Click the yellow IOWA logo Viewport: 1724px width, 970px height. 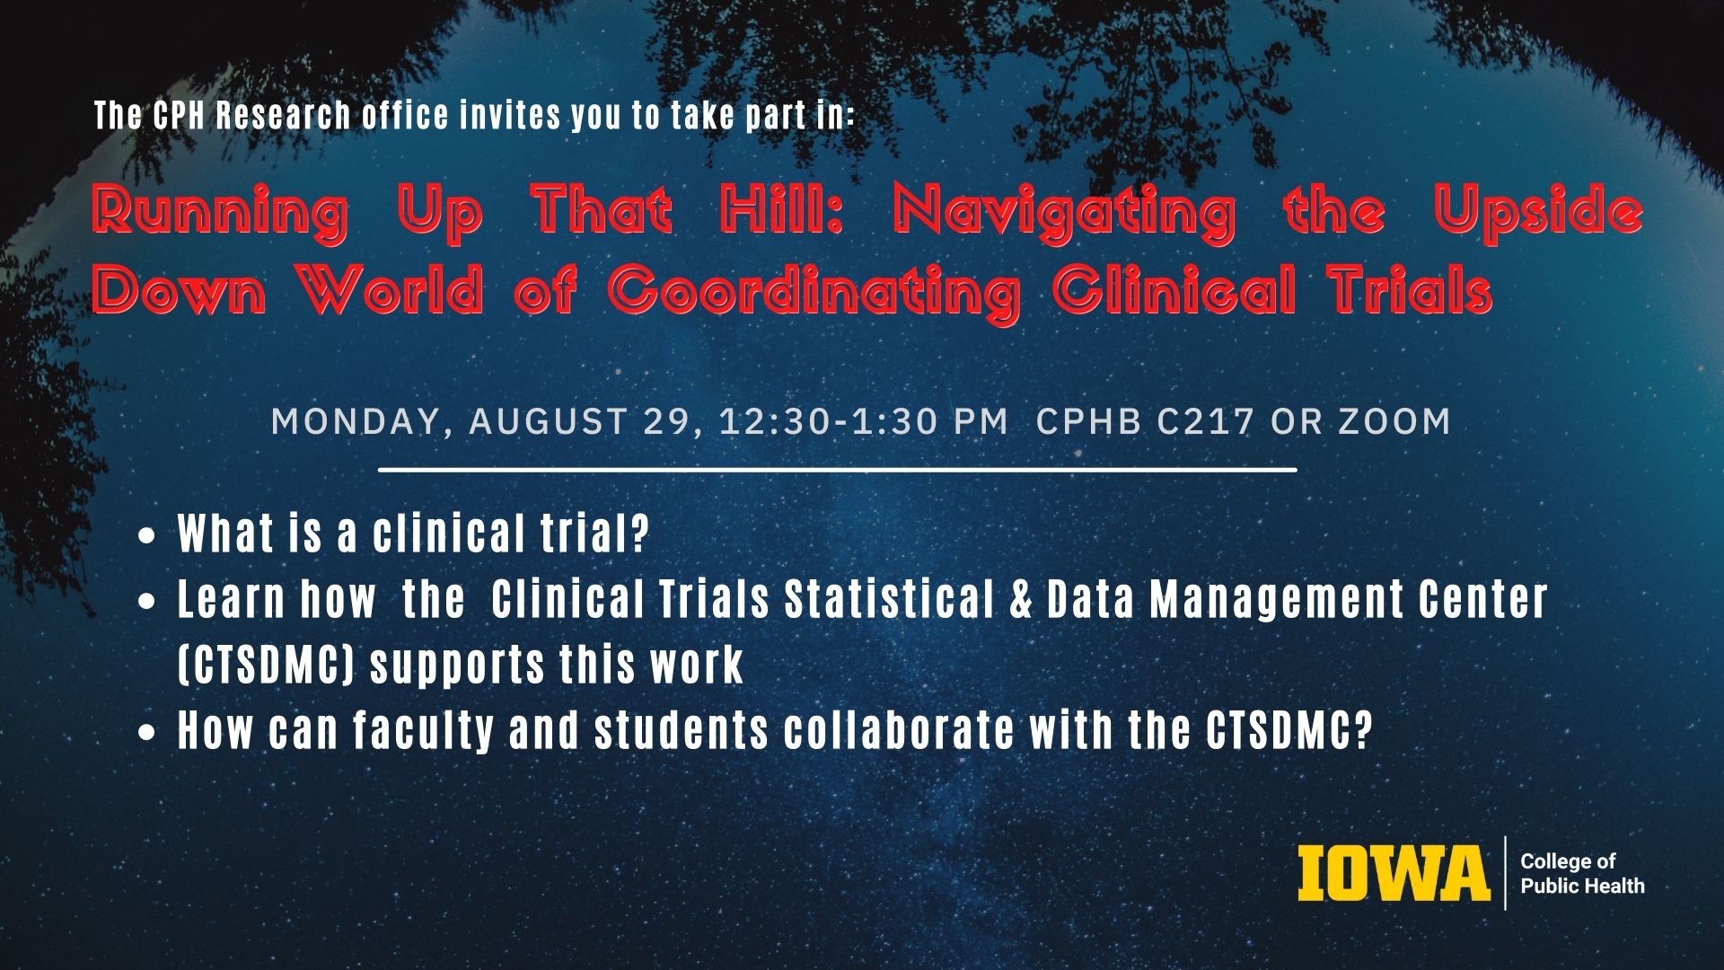coord(1394,873)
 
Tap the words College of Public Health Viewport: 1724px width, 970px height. coord(1582,873)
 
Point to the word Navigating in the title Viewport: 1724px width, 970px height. coord(1064,214)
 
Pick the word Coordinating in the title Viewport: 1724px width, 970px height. coord(814,293)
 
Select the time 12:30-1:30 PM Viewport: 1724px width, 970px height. coord(864,421)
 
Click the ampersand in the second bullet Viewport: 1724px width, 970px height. coord(1020,599)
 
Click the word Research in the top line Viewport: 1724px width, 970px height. coord(283,115)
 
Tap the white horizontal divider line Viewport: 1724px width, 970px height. coord(838,470)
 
